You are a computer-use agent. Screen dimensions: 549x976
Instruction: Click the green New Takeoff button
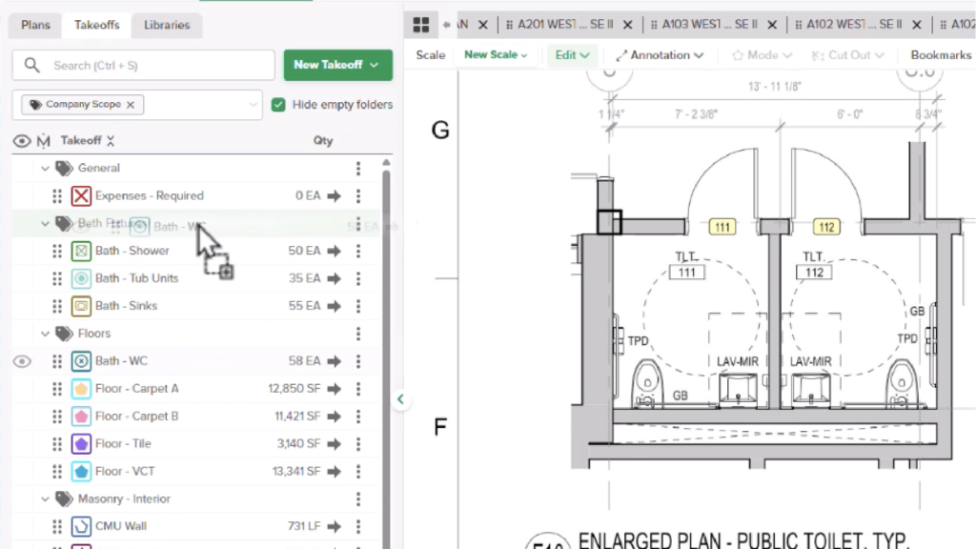[337, 65]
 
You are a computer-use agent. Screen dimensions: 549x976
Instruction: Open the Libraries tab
[167, 25]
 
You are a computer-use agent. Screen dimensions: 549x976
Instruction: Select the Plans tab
[35, 25]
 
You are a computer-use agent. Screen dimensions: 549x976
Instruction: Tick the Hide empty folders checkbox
[278, 105]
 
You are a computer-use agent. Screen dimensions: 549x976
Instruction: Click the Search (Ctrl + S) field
[143, 65]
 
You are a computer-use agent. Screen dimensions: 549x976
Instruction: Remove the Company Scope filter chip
[131, 105]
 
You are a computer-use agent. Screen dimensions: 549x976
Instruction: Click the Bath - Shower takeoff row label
[132, 251]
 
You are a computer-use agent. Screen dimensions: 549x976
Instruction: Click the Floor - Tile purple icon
[81, 444]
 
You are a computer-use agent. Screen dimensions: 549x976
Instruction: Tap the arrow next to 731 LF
[334, 526]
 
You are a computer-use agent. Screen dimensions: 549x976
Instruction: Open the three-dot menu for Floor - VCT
[358, 472]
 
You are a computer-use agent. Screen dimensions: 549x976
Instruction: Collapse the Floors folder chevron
[45, 334]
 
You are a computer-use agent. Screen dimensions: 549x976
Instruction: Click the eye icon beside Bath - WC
[22, 361]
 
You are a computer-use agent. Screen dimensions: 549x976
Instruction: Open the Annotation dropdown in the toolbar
[660, 55]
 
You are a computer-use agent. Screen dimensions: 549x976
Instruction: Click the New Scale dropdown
[496, 55]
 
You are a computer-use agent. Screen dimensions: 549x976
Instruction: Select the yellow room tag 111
[722, 227]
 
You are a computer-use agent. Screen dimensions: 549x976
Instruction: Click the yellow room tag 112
[826, 227]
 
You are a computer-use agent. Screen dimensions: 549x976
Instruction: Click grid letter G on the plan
[440, 131]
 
